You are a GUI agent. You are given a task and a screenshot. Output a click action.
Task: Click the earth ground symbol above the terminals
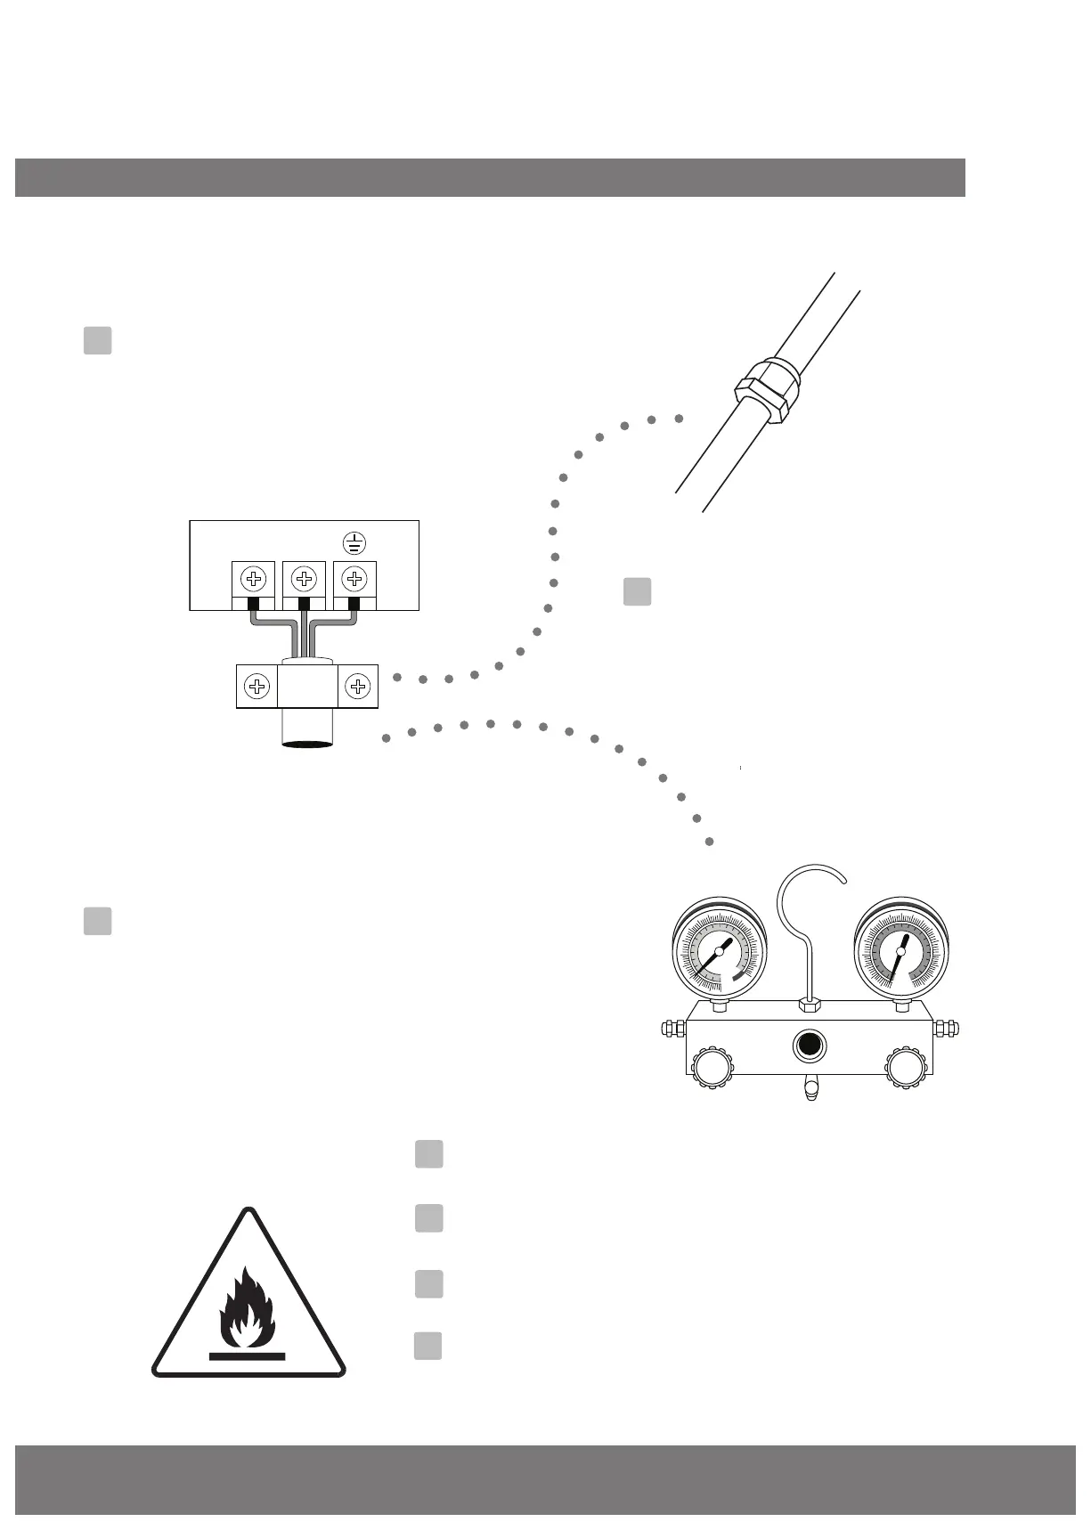click(354, 541)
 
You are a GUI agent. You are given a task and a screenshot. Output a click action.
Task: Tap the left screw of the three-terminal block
click(255, 580)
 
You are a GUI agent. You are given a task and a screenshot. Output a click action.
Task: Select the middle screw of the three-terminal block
click(305, 580)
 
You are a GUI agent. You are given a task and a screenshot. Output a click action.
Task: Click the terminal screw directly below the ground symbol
click(354, 580)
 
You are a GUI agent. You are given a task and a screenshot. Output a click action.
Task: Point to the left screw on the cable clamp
click(256, 687)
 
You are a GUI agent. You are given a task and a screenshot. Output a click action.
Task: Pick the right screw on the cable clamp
click(358, 687)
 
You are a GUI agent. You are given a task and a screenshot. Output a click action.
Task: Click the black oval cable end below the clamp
click(307, 743)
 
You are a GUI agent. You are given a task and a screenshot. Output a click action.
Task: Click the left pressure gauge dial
click(720, 951)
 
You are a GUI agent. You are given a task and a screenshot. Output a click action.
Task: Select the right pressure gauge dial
click(900, 951)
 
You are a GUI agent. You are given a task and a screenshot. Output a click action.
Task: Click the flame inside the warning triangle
click(247, 1307)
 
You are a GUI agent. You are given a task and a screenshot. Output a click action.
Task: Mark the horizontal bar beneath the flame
click(247, 1357)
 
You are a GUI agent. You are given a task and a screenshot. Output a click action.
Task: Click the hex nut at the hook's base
click(810, 1005)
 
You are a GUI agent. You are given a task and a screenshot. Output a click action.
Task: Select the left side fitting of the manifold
click(672, 1029)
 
